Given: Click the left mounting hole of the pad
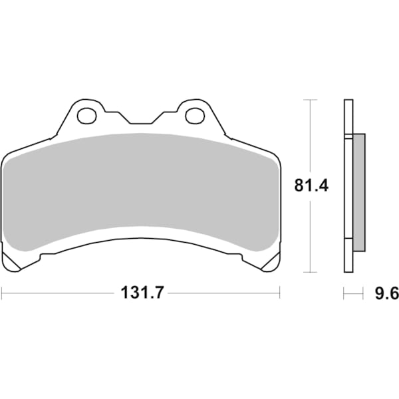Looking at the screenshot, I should point(86,116).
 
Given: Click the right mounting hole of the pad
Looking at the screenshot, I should point(194,116).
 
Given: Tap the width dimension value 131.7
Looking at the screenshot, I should point(141,292).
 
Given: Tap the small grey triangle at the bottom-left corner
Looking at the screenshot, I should point(14,263).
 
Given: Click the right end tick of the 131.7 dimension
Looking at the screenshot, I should point(280,292).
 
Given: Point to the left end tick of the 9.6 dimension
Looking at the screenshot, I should point(344,292).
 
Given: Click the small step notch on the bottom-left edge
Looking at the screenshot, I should point(41,257).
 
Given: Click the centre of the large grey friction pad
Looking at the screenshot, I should point(140,190).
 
